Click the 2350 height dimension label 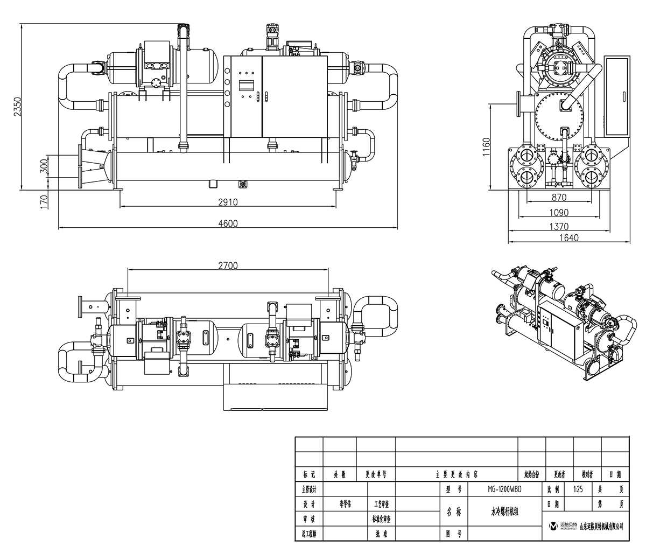17,106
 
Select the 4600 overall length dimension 228,223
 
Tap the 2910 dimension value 228,202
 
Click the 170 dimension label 44,201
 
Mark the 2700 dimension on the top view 228,265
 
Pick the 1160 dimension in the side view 486,146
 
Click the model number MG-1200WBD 504,489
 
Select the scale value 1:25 579,489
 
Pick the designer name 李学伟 345,505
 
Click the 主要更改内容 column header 456,475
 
